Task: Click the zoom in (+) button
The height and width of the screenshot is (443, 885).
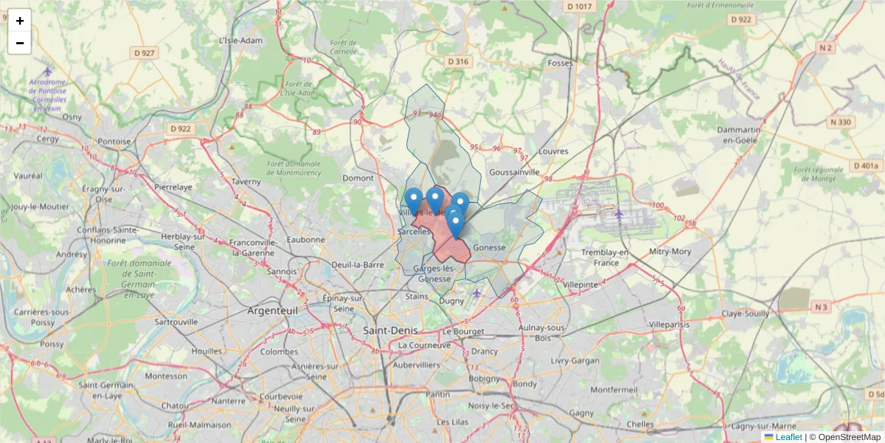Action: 20,21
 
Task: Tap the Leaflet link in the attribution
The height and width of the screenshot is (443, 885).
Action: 788,437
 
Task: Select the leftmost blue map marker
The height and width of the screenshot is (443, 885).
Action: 414,200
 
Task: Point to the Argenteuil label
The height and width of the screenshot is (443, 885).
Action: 273,311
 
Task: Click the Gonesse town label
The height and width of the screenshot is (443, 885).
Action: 490,247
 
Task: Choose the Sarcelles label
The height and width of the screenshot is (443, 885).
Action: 414,231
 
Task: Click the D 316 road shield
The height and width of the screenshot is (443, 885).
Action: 458,62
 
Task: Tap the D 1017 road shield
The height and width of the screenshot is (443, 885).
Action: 579,7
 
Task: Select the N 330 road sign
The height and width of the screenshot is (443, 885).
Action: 841,122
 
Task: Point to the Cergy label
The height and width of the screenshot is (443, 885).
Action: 46,139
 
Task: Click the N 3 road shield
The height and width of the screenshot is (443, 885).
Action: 822,306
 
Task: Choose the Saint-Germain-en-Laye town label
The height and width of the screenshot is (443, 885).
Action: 111,390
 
